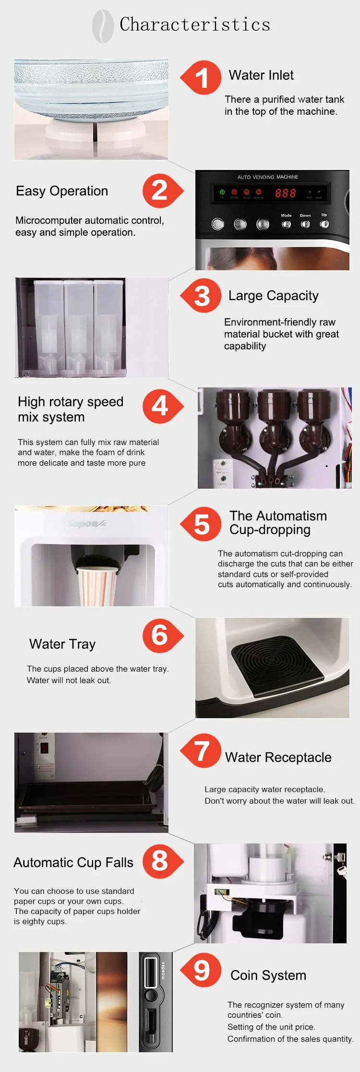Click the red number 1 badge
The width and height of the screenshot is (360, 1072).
202,78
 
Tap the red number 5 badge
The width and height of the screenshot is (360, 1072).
202,524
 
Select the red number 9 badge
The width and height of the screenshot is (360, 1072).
202,970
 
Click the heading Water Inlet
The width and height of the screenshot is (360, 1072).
261,75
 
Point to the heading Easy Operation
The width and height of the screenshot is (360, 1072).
62,191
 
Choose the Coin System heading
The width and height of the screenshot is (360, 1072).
268,976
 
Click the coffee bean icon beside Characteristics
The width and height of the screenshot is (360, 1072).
103,26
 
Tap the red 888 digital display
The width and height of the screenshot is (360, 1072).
285,193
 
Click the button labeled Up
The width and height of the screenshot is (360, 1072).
324,224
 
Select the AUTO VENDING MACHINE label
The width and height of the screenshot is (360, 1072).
267,177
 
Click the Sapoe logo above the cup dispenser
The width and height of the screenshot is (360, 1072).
86,523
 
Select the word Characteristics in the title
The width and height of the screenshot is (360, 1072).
195,24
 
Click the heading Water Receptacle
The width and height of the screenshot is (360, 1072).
278,758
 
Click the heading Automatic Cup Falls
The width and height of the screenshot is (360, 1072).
73,863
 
